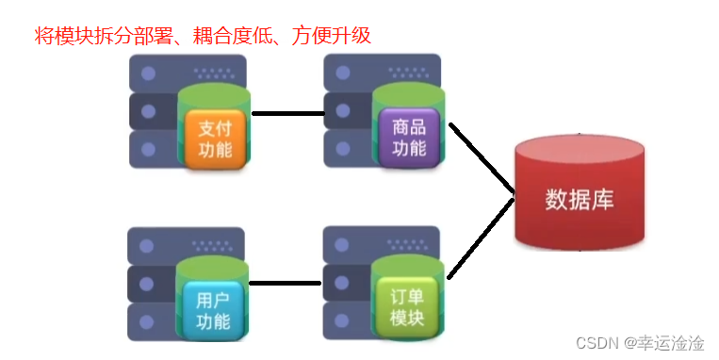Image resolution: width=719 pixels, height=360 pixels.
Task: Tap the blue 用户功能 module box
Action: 213,309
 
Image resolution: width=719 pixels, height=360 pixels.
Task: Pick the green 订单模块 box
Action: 407,307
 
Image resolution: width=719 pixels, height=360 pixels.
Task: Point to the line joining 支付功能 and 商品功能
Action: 287,114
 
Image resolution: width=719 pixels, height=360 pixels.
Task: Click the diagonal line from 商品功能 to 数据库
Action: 482,157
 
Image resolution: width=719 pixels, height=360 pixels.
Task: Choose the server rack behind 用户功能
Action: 151,283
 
